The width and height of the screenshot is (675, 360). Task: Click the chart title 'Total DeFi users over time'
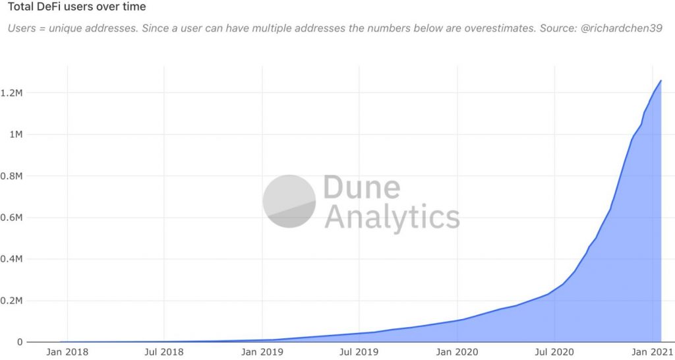click(x=76, y=7)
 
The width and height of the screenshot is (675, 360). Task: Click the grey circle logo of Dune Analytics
click(x=289, y=201)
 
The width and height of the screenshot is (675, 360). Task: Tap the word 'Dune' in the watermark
click(x=361, y=188)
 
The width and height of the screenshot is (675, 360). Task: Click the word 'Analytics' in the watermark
click(x=392, y=217)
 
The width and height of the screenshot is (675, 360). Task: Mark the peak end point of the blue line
click(x=661, y=80)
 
